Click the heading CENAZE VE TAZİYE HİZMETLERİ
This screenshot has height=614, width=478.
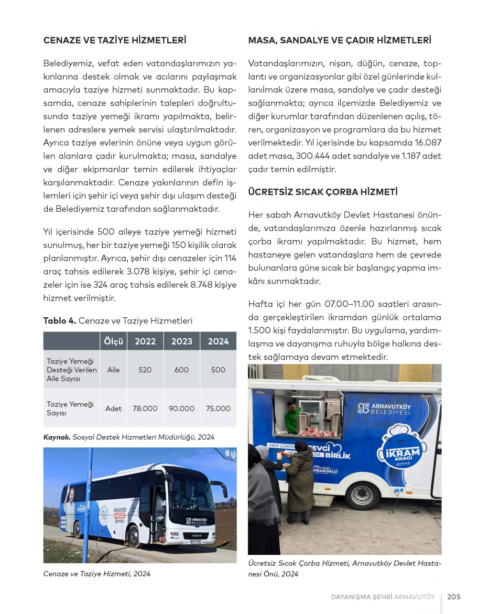pyautogui.click(x=115, y=41)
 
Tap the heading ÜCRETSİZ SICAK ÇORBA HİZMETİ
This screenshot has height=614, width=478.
pyautogui.click(x=323, y=192)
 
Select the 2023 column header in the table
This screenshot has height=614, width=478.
pyautogui.click(x=182, y=341)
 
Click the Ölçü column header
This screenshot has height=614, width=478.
pyautogui.click(x=113, y=341)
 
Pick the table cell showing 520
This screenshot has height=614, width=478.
pyautogui.click(x=145, y=370)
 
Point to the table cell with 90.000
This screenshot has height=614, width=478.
pyautogui.click(x=182, y=409)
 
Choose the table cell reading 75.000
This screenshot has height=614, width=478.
pyautogui.click(x=218, y=409)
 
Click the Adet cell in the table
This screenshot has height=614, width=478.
pyautogui.click(x=113, y=409)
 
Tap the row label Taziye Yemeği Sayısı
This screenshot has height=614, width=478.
pyautogui.click(x=70, y=409)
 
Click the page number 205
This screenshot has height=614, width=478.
pyautogui.click(x=454, y=597)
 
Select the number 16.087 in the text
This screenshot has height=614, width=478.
pyautogui.click(x=428, y=143)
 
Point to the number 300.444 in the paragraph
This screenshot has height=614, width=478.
pyautogui.click(x=313, y=156)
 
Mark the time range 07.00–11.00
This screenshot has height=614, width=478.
pyautogui.click(x=349, y=304)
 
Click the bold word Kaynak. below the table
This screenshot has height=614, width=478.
pyautogui.click(x=57, y=437)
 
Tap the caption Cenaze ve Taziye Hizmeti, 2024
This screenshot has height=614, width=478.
pyautogui.click(x=97, y=574)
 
